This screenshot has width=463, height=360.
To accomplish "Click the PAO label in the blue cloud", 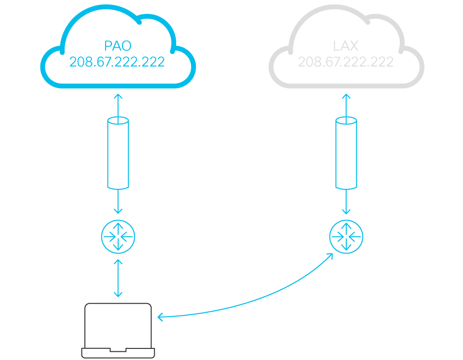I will [x=118, y=46].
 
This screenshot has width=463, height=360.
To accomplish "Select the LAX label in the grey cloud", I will [x=345, y=46].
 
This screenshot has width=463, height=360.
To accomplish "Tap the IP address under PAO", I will [x=117, y=62].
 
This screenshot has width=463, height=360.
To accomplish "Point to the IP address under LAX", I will [x=345, y=62].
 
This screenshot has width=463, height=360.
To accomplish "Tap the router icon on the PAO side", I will [x=118, y=236].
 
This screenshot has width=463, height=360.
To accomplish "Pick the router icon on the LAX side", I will [x=346, y=236].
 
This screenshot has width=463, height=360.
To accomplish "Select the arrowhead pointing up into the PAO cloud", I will [x=118, y=96].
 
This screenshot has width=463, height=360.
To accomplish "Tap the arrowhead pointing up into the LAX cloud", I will [x=346, y=96].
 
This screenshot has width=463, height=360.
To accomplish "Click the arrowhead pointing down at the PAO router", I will [x=118, y=211].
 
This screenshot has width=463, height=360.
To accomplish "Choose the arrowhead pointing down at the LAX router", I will [x=346, y=211].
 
